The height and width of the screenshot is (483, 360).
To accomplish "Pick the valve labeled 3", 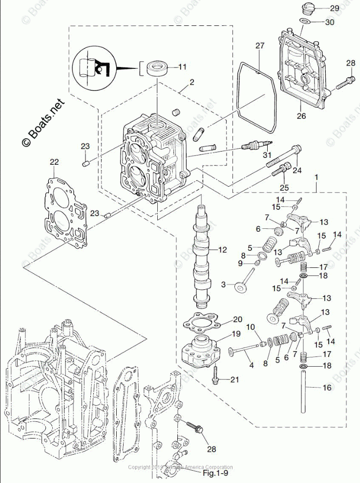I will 242,286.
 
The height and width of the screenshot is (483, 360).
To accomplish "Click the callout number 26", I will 301,116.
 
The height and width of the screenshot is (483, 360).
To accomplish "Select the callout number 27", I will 259,46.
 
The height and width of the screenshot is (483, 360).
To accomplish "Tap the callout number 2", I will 192,82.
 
